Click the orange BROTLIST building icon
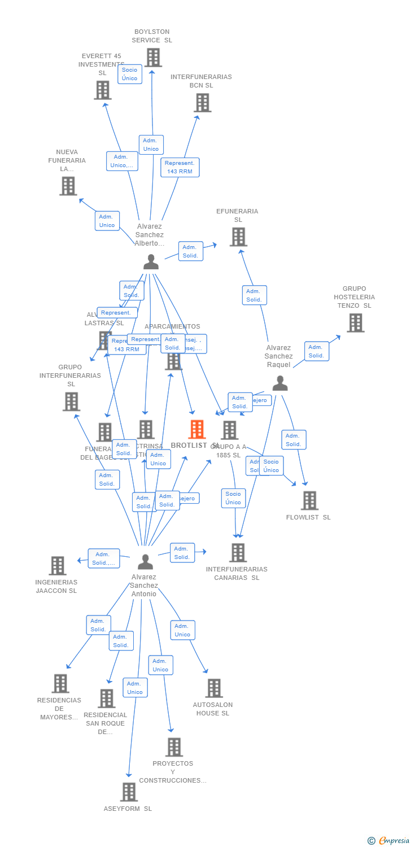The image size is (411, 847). click(196, 430)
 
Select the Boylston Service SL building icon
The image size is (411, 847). click(153, 58)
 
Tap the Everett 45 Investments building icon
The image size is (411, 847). click(103, 90)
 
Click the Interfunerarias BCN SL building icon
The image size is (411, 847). click(203, 103)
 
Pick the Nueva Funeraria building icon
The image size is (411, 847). click(68, 186)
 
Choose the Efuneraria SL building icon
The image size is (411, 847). click(238, 237)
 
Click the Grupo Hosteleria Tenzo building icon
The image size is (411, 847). click(355, 323)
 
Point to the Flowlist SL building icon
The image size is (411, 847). click(309, 501)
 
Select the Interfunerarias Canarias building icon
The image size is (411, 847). click(238, 553)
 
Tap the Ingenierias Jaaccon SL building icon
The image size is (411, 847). click(58, 566)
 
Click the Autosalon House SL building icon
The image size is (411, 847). click(214, 688)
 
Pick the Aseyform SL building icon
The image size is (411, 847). click(129, 792)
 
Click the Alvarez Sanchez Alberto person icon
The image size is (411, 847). click(151, 262)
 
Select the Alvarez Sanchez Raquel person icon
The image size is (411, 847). click(280, 383)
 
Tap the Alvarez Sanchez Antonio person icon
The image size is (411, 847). click(145, 562)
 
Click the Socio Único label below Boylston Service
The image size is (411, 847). click(129, 74)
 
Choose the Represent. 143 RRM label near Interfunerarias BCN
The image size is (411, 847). click(180, 167)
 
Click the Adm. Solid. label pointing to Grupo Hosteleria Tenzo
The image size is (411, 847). click(316, 351)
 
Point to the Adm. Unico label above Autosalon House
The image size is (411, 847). click(182, 630)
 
